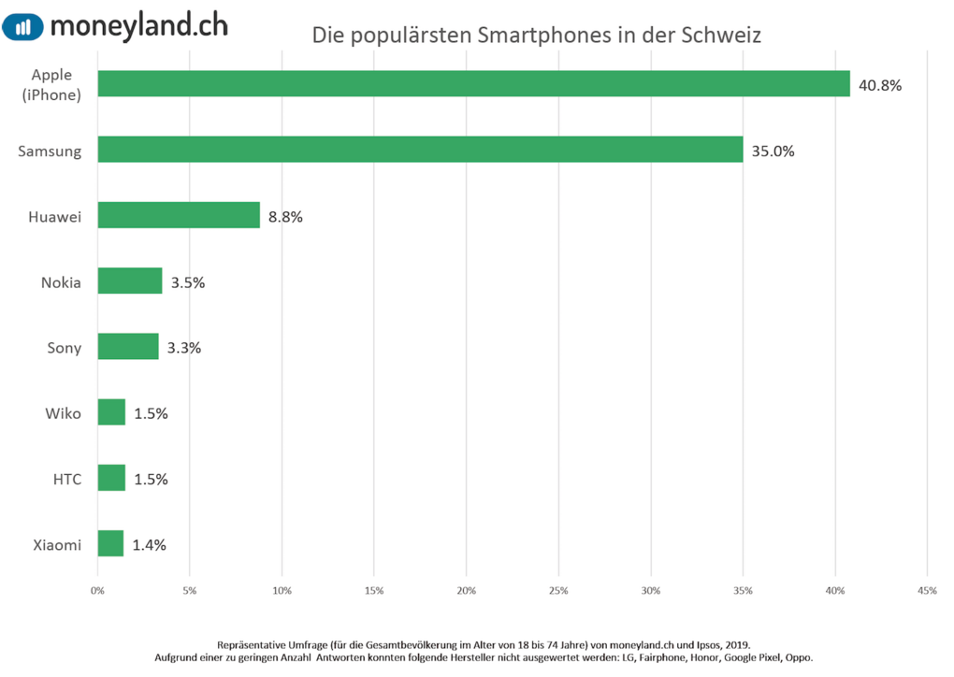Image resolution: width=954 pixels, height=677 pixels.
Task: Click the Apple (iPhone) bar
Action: (x=473, y=84)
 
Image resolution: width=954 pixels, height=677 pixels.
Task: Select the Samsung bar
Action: (x=420, y=150)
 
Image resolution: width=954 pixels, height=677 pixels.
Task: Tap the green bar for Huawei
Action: (x=179, y=216)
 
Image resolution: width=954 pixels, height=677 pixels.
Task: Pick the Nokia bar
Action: (x=130, y=281)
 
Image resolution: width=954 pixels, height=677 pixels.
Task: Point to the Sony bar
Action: (x=128, y=347)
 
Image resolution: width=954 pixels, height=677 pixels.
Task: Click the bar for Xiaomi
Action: (x=110, y=544)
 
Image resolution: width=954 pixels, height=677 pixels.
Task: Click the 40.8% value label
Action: (x=880, y=85)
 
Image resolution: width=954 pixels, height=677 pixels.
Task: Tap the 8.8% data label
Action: (x=285, y=217)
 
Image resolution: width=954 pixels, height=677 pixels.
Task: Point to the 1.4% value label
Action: (x=149, y=545)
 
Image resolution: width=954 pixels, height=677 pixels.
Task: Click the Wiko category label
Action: (x=63, y=413)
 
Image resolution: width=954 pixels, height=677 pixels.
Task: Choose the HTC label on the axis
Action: (x=66, y=480)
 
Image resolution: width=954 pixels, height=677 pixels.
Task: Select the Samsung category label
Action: (x=50, y=151)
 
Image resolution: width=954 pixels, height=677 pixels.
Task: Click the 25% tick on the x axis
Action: (x=558, y=591)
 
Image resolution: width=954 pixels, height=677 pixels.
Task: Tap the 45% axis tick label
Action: (x=927, y=591)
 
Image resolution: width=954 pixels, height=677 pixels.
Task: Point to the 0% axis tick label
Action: (x=97, y=591)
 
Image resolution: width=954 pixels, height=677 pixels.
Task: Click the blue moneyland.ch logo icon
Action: (x=22, y=26)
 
